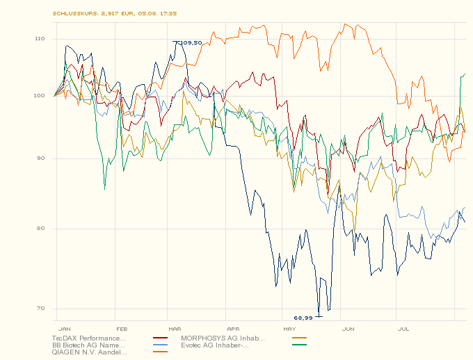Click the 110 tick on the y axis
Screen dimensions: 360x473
39,39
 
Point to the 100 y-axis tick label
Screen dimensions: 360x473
39,95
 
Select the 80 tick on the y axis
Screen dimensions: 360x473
40,229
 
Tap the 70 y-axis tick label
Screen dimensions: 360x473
40,309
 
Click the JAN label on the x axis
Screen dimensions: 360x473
65,327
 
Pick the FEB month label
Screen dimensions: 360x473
121,327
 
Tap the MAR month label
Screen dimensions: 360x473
175,327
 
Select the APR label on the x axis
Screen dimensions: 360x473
233,327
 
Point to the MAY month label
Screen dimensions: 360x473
289,327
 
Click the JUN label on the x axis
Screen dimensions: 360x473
348,327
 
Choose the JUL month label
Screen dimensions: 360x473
403,327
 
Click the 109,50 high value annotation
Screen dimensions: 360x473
191,43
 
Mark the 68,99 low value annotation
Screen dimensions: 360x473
303,318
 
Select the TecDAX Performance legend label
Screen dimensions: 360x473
88,338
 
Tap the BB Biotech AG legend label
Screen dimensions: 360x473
88,345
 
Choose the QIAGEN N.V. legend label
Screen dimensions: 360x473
88,352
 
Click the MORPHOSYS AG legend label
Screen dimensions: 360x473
223,338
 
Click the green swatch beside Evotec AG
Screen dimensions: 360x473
300,345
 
